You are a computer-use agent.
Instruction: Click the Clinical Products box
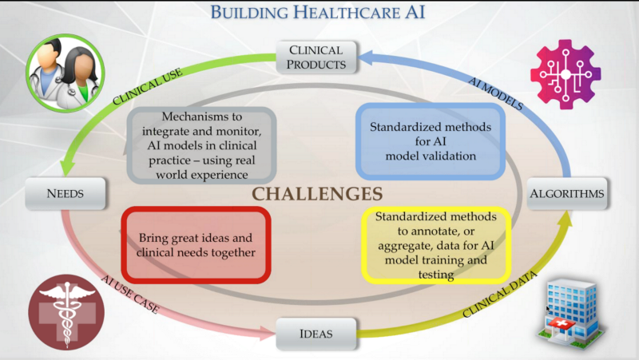[316, 57]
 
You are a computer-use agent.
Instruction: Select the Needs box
[65, 193]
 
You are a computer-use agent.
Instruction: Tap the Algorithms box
[567, 193]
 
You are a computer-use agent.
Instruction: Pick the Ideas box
[316, 334]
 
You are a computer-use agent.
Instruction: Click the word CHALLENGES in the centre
[317, 194]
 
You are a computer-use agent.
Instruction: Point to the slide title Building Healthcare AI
[317, 12]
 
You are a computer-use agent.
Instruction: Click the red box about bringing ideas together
[196, 245]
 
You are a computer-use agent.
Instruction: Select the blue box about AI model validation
[431, 141]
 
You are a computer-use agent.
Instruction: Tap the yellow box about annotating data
[436, 246]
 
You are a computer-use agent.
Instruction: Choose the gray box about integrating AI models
[202, 145]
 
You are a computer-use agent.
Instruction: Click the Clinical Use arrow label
[148, 87]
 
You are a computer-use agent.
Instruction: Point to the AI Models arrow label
[495, 93]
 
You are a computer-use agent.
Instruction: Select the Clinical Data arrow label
[500, 294]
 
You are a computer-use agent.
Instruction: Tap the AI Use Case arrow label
[130, 294]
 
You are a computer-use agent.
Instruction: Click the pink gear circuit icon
[566, 74]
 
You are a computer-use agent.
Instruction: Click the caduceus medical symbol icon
[66, 312]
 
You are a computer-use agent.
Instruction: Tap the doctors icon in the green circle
[65, 73]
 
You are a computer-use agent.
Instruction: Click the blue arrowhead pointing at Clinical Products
[365, 57]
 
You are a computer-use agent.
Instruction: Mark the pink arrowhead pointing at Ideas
[268, 333]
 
